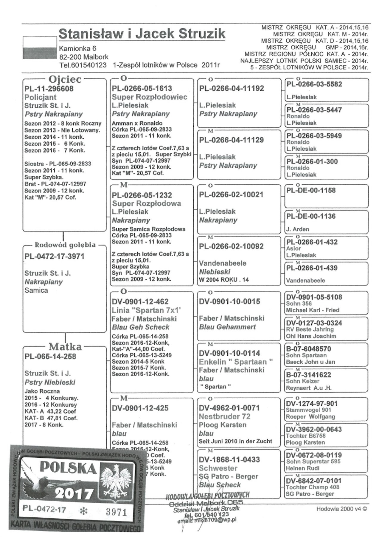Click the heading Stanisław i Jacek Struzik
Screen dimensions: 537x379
(142, 34)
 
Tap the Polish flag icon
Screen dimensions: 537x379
(40, 48)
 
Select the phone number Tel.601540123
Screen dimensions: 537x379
(83, 65)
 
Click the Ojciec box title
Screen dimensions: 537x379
(65, 79)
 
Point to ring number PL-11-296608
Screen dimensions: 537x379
(49, 89)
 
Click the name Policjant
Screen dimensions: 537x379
(40, 97)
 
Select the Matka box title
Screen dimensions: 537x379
(65, 347)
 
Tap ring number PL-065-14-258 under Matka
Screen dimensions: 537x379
(50, 357)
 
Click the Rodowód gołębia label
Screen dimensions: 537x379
(65, 245)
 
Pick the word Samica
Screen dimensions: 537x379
(36, 290)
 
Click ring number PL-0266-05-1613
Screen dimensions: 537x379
(142, 88)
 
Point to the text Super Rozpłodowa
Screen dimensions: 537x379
(146, 203)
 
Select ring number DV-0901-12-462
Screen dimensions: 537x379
(140, 302)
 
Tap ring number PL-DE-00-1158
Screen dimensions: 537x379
(311, 190)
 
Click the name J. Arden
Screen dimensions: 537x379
(298, 229)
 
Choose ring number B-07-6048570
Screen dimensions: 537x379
(308, 349)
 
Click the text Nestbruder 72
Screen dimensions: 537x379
(224, 416)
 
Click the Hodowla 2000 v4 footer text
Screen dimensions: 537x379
(341, 509)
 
